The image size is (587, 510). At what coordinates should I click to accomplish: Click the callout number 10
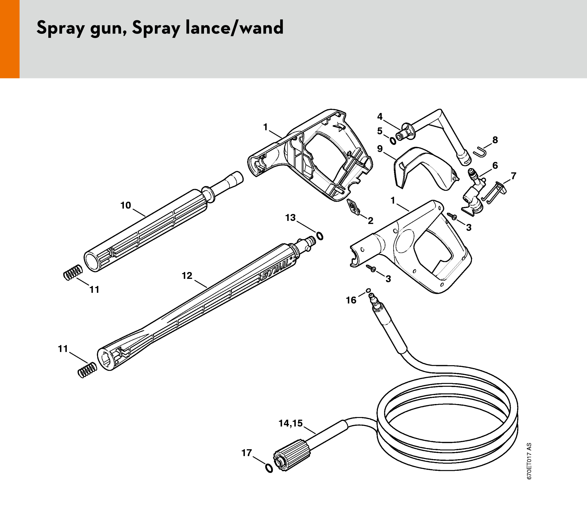(x=126, y=205)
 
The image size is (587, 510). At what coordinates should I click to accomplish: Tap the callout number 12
(x=187, y=275)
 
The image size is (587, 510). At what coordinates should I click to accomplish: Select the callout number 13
(x=290, y=218)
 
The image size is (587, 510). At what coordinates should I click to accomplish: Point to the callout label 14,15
(x=290, y=423)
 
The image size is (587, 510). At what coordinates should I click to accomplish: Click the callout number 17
(x=247, y=453)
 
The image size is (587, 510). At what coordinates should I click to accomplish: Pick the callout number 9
(x=380, y=149)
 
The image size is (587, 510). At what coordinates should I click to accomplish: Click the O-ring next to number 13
(x=320, y=236)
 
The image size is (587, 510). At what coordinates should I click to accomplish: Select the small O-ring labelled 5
(x=393, y=141)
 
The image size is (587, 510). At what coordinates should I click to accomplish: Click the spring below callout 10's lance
(x=73, y=272)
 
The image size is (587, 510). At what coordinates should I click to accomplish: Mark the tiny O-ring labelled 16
(x=368, y=290)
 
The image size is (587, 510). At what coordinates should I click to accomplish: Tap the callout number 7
(x=513, y=176)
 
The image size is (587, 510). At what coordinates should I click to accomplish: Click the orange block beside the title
(x=10, y=39)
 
